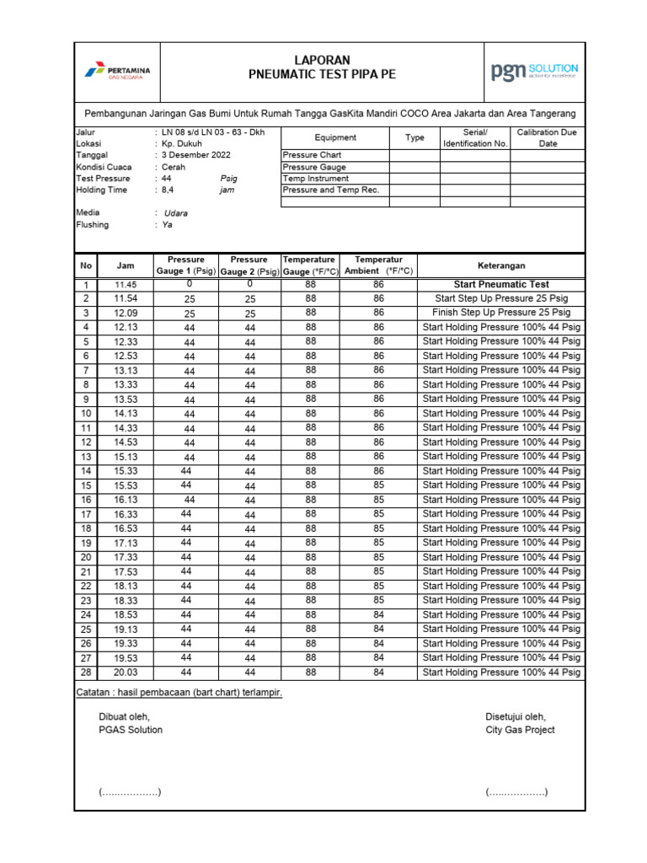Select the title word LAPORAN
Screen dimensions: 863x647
(322, 61)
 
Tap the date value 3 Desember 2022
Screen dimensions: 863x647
(196, 155)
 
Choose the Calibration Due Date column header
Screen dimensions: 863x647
(548, 138)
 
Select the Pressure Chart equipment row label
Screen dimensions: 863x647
(312, 156)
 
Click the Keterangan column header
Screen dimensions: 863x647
(501, 265)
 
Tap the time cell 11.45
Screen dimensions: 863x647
(126, 285)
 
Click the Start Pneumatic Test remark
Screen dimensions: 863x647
(501, 285)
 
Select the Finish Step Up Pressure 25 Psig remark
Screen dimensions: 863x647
(501, 313)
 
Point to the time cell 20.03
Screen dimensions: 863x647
(126, 673)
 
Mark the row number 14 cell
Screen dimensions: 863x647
(86, 471)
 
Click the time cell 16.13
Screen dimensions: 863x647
(126, 500)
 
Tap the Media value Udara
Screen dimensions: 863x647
(176, 213)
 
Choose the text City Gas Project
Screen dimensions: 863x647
(520, 730)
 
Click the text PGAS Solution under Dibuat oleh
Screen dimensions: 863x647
(131, 730)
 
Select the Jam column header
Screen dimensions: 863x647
(126, 265)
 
